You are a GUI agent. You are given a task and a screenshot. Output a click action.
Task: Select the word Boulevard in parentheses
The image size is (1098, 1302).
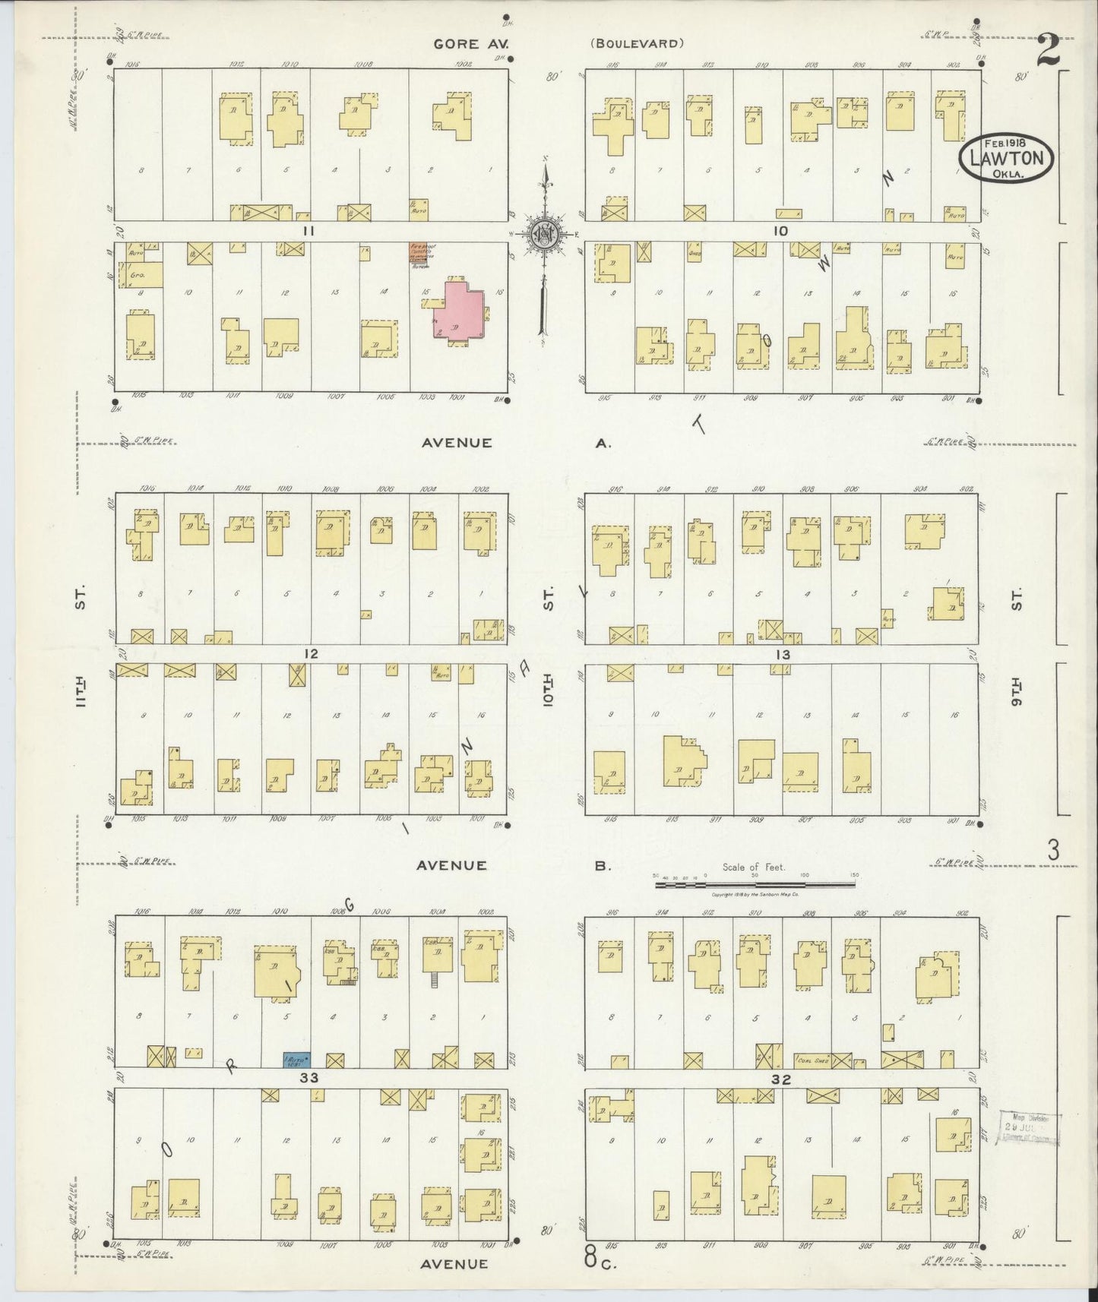point(637,44)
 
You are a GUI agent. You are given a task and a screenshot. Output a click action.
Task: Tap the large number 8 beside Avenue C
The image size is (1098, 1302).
point(590,1257)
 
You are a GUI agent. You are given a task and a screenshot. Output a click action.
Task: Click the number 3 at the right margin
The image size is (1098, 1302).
point(1052,851)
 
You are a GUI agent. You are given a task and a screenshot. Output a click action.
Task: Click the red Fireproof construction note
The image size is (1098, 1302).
point(421,254)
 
